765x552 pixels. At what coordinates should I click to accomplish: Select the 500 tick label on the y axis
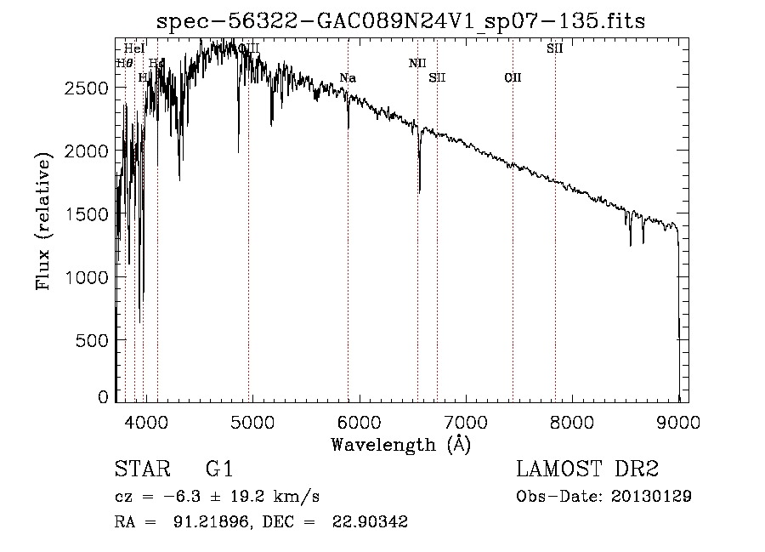[93, 340]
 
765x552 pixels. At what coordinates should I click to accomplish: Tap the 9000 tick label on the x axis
[678, 419]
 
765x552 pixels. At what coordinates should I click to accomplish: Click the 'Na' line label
[347, 78]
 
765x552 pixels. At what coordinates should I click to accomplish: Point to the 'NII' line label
[416, 63]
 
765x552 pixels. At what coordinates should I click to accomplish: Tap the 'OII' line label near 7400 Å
[513, 78]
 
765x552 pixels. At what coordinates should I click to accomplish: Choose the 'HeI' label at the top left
[134, 48]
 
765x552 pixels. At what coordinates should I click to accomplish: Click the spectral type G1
[219, 469]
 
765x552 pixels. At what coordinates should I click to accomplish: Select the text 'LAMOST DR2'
[587, 469]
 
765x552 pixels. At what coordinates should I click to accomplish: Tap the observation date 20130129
[650, 497]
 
